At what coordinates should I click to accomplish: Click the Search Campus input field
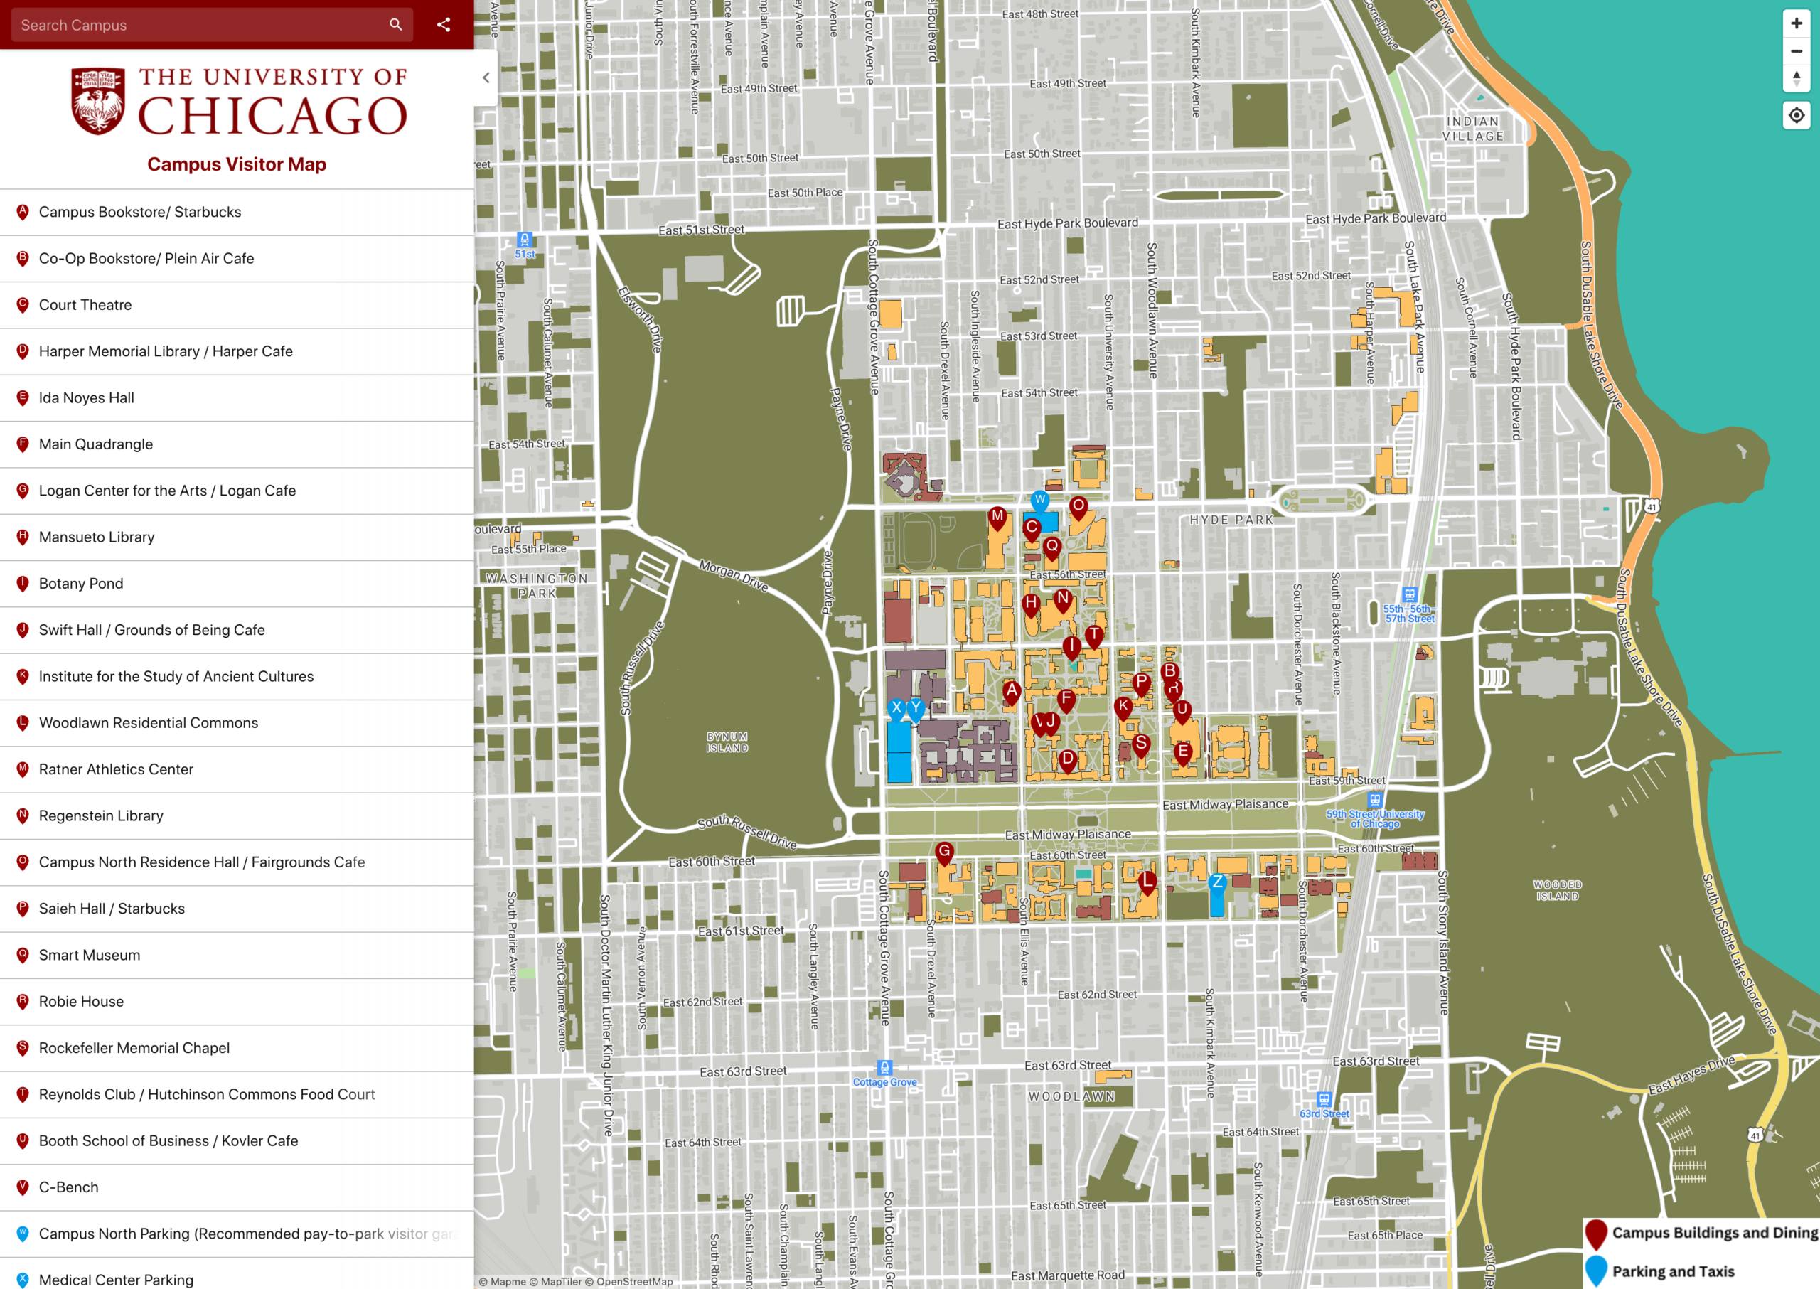point(198,26)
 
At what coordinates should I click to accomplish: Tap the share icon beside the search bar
point(444,25)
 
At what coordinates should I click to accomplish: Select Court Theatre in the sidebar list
point(85,305)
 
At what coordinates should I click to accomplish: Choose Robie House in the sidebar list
point(81,1002)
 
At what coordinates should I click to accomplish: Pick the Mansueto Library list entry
point(96,537)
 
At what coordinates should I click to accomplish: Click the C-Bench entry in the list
point(68,1187)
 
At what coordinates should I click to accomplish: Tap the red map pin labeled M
point(997,517)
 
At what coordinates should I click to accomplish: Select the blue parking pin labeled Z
point(1217,882)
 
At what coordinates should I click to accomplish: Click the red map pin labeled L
point(1147,881)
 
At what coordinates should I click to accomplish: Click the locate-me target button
point(1797,116)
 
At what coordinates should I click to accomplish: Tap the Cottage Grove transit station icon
point(885,1068)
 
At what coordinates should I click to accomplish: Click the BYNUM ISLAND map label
point(727,742)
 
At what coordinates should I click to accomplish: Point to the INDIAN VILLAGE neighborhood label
point(1473,129)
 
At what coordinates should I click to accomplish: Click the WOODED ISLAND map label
point(1557,889)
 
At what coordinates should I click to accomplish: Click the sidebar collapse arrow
point(486,77)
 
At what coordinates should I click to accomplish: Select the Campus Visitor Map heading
point(237,164)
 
